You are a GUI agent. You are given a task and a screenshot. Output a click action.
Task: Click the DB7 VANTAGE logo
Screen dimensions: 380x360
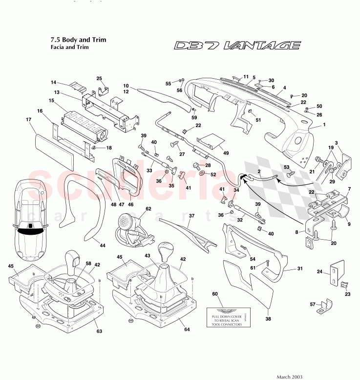tap(237, 46)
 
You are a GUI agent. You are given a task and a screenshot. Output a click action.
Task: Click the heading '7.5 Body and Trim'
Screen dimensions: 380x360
tap(78, 40)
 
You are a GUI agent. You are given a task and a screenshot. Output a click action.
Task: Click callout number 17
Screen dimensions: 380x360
tap(29, 119)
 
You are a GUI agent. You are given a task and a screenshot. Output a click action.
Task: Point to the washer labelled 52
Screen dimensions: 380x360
tap(202, 174)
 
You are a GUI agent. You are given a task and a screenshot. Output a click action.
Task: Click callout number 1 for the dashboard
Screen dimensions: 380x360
tap(323, 125)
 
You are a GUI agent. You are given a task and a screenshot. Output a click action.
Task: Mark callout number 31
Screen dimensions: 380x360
tap(300, 268)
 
